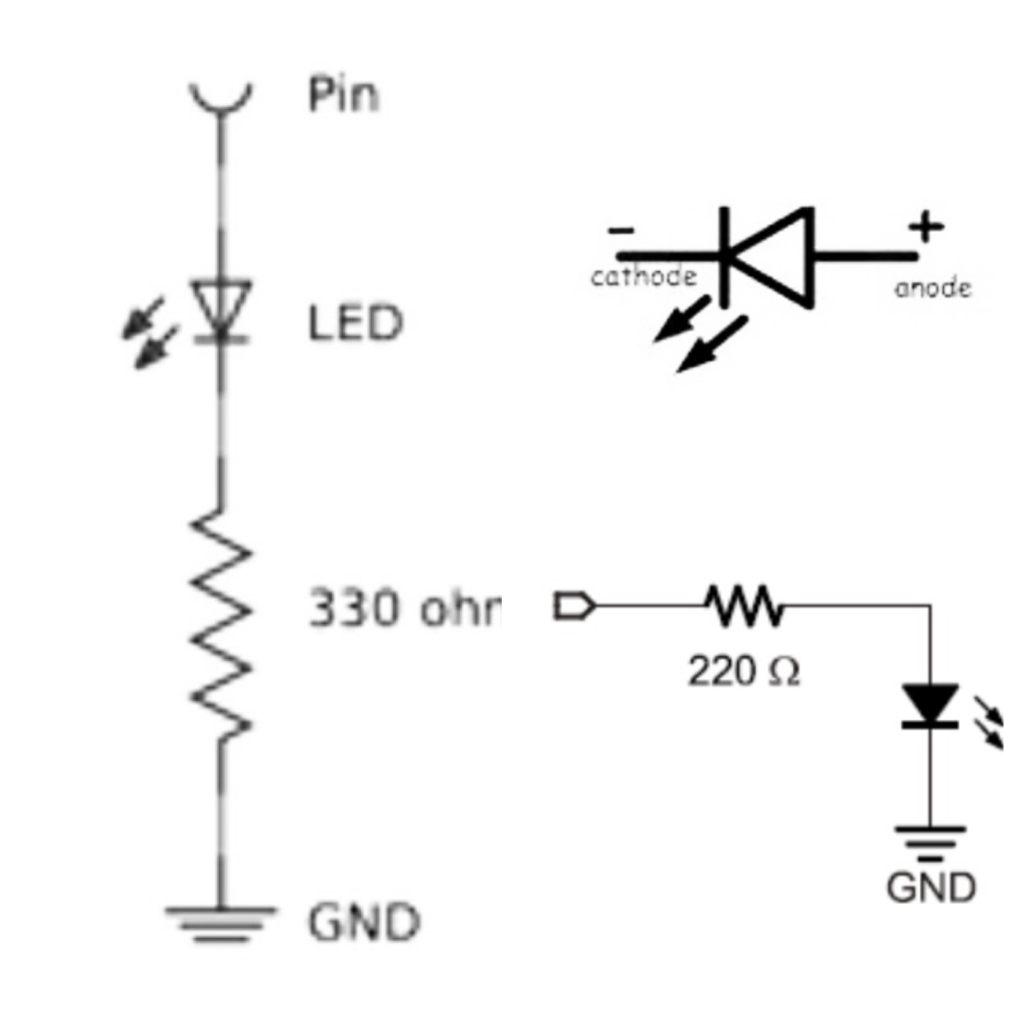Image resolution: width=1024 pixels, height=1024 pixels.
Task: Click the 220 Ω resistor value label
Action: (743, 672)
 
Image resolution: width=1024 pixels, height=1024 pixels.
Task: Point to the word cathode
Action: (643, 276)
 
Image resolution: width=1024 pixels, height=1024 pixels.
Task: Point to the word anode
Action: (933, 288)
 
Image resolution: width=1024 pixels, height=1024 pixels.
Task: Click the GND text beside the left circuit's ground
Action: (364, 923)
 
